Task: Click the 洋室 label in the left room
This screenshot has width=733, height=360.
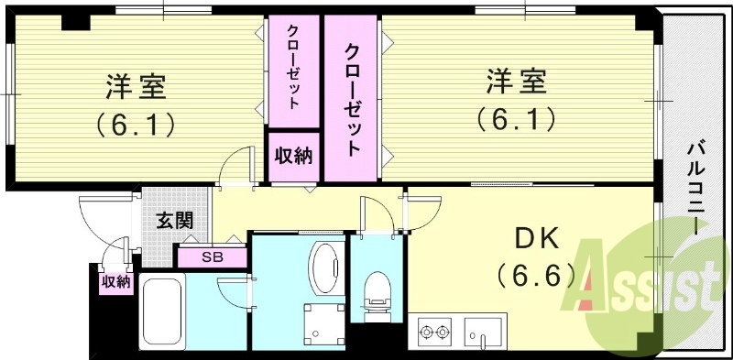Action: click(x=135, y=88)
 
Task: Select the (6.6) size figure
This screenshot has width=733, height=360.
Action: click(x=535, y=273)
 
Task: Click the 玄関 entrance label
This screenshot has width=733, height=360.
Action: click(x=173, y=220)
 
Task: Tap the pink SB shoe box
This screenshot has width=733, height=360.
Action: click(x=213, y=257)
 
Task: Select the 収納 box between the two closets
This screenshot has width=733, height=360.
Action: click(x=293, y=156)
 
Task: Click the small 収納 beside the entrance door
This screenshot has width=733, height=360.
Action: click(x=115, y=281)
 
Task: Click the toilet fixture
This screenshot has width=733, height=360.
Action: click(x=376, y=298)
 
